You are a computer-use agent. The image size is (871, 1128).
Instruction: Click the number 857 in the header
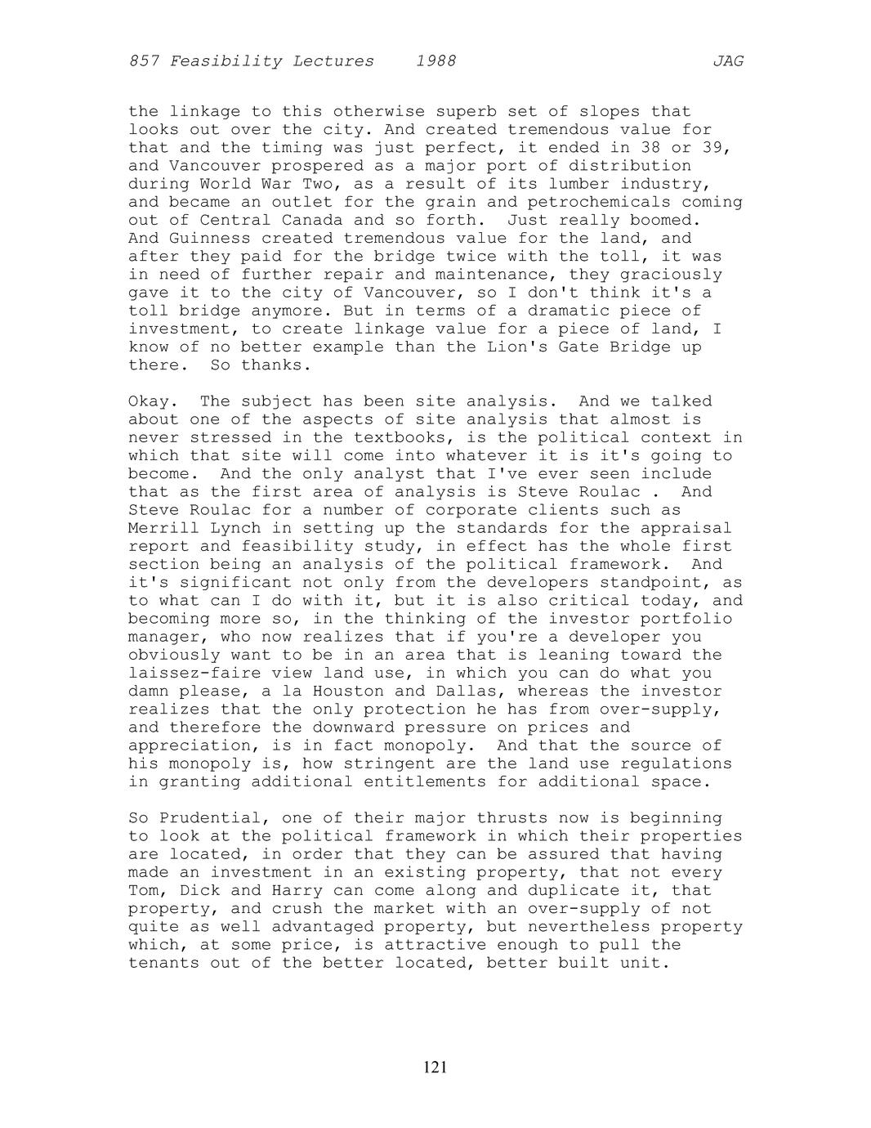coord(144,61)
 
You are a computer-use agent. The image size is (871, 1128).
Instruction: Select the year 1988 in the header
coord(435,61)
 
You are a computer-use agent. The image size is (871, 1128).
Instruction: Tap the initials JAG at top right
coord(728,61)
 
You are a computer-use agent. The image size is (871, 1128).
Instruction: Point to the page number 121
coord(435,1067)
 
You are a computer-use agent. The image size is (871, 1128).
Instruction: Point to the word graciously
coord(671,275)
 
